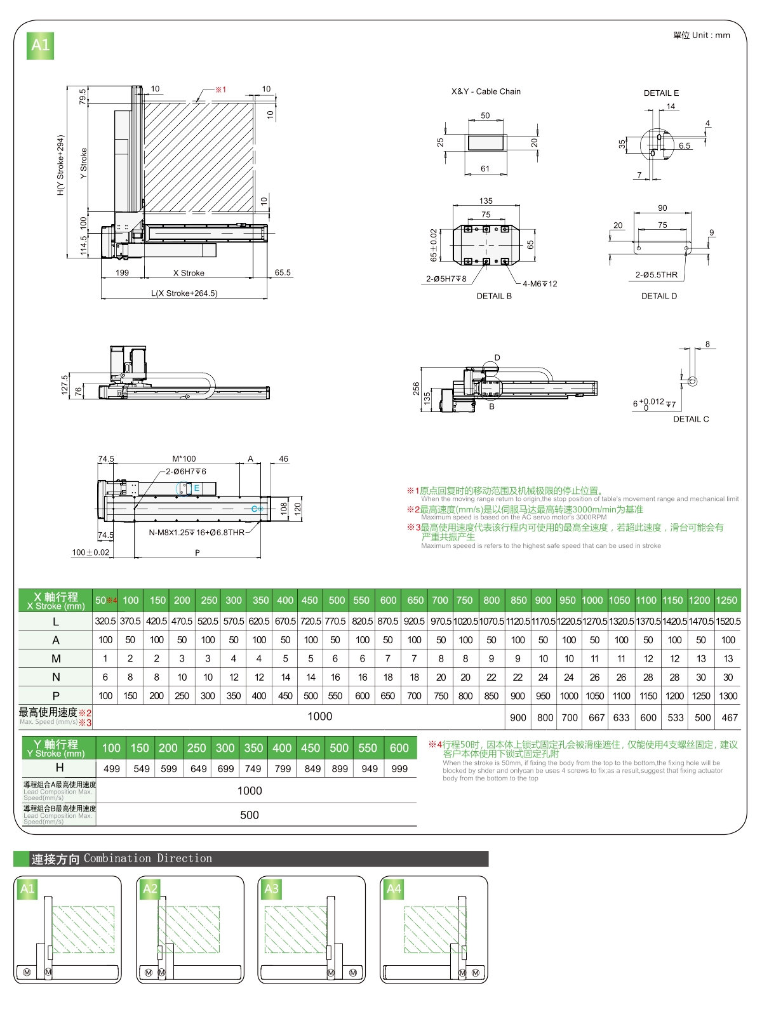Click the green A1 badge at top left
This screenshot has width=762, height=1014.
(40, 45)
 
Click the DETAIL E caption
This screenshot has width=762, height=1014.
(661, 93)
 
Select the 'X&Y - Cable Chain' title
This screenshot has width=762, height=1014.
(486, 91)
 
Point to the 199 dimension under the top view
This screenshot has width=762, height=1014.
(122, 273)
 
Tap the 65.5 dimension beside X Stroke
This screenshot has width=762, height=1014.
(283, 273)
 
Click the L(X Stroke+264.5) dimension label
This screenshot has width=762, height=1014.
(184, 293)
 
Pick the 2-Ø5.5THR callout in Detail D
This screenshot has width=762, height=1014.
(657, 275)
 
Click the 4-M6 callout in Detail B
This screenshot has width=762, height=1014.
(540, 284)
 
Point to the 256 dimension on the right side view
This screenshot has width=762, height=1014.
(416, 387)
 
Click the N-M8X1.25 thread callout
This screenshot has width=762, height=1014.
(196, 533)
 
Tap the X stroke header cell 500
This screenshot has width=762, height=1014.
(337, 601)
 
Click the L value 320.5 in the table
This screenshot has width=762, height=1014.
(105, 622)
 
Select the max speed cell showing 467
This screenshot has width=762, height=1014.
(730, 717)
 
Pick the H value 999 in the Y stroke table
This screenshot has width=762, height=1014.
(399, 769)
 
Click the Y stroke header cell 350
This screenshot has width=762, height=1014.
(253, 749)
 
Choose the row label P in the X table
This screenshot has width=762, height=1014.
(56, 696)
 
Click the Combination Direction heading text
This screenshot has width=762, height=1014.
(148, 858)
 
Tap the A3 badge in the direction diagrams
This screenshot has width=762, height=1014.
(271, 889)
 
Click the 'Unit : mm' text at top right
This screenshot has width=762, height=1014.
(701, 36)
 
